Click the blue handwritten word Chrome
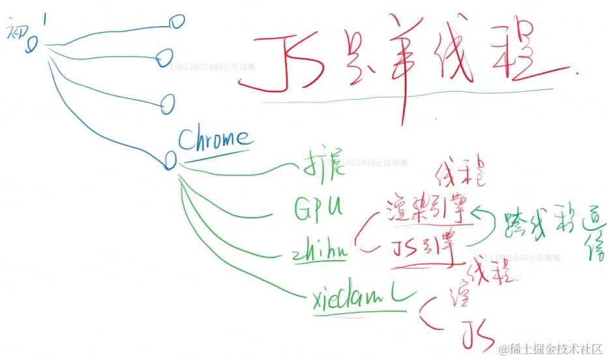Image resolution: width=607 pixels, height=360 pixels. [x=213, y=138]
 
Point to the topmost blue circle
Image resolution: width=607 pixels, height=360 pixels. [x=176, y=22]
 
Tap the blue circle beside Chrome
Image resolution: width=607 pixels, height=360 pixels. [x=171, y=160]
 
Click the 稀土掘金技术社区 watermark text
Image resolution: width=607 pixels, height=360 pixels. [x=555, y=349]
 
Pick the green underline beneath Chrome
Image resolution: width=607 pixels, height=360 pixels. [x=215, y=155]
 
